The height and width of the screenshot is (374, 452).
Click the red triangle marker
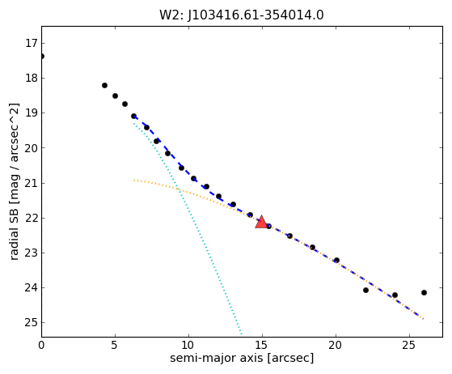(x=261, y=222)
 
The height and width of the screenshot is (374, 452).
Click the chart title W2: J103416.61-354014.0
(x=242, y=15)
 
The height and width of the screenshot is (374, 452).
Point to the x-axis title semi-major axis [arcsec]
(x=242, y=358)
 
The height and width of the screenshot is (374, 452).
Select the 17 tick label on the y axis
(x=32, y=43)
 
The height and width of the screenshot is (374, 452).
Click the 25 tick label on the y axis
(x=32, y=323)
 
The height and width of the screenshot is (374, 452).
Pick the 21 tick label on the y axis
(x=32, y=183)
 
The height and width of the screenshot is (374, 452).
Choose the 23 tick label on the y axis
(x=32, y=253)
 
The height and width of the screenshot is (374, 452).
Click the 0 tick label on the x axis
(x=41, y=345)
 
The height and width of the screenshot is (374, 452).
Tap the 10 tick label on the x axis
(x=188, y=345)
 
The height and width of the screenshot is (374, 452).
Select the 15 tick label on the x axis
(x=262, y=345)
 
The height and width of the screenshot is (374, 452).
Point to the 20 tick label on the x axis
(x=336, y=345)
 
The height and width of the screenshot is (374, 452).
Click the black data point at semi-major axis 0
(x=42, y=56)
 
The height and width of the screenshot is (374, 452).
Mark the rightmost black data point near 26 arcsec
(x=424, y=292)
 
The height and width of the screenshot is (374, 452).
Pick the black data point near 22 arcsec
(x=365, y=290)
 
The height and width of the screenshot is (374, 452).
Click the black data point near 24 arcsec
(x=395, y=295)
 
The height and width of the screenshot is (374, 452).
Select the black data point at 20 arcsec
(x=336, y=260)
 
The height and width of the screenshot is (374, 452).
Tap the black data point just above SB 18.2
(x=104, y=86)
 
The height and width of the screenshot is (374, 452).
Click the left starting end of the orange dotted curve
(x=134, y=181)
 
